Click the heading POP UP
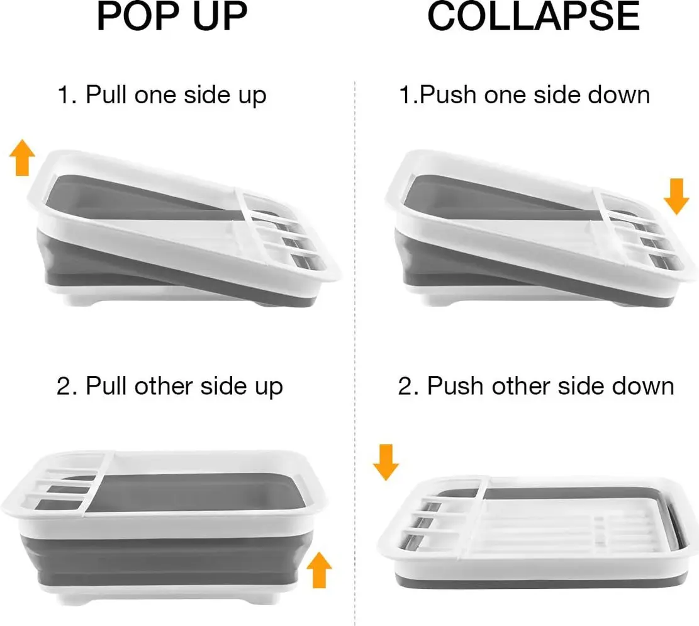[172, 16]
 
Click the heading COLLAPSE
[534, 16]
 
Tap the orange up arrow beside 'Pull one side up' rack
[22, 157]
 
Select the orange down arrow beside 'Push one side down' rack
[676, 196]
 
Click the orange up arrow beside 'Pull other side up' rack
[319, 570]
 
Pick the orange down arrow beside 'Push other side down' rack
[386, 462]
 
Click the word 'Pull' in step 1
[106, 94]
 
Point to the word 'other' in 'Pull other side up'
[164, 386]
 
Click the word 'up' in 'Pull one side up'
[252, 97]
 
